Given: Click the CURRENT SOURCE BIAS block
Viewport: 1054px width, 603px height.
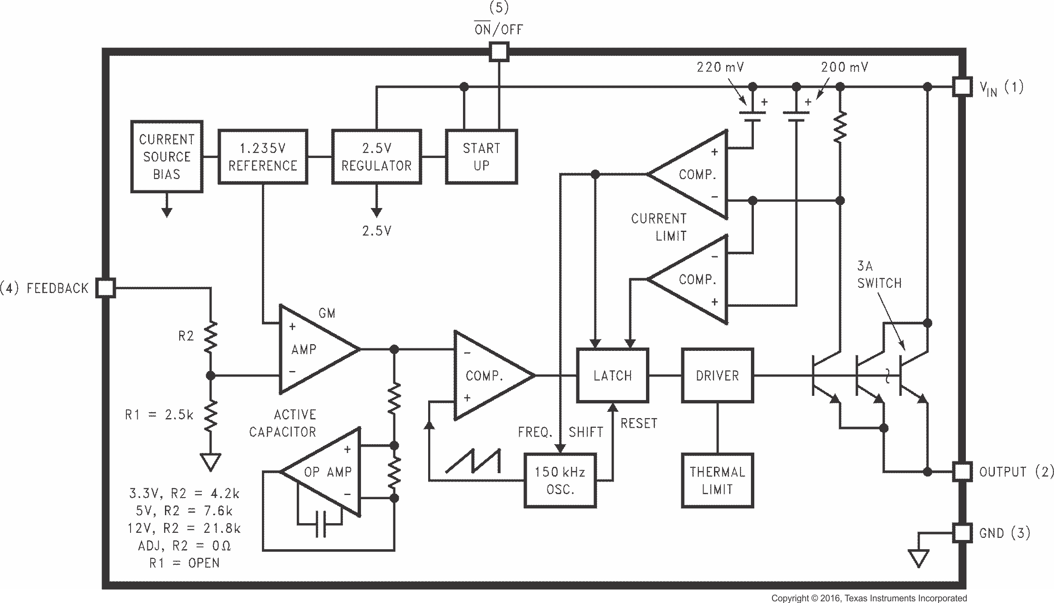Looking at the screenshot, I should pos(167,157).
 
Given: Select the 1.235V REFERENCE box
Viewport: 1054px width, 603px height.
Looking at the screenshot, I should pos(263,157).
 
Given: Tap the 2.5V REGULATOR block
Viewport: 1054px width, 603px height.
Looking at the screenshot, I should pos(377,157).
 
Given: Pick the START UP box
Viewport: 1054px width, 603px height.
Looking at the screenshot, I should pos(481,157).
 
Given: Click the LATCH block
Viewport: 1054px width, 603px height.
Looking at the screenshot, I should pos(612,375).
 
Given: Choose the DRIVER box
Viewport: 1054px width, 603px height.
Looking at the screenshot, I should pos(717,375).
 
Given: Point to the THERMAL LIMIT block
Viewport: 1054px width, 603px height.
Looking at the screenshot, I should pos(717,480).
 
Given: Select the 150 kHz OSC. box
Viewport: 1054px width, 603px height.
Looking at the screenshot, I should pos(560,480).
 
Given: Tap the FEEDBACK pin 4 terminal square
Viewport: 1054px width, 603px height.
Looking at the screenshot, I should pos(105,288).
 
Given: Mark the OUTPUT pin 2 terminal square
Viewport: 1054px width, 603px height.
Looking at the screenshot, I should pos(962,471).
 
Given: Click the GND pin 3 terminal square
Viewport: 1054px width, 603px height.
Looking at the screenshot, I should pos(962,533).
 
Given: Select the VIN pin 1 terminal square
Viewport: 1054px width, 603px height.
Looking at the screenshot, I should pos(962,87).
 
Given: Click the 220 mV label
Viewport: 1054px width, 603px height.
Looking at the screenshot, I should pos(720,67).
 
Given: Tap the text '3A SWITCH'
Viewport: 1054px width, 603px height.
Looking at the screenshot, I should pos(879,275).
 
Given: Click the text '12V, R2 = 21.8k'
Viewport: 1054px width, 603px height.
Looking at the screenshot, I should pos(184,528).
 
